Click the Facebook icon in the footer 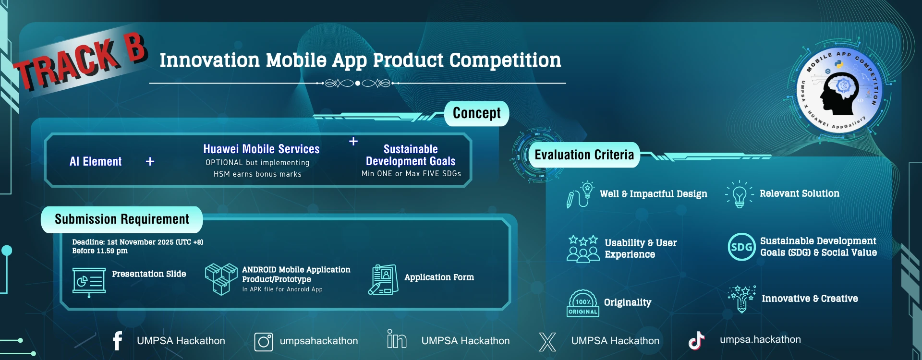click(118, 341)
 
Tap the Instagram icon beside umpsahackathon click(264, 342)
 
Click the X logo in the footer click(547, 342)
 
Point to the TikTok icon click(696, 340)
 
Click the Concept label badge click(476, 113)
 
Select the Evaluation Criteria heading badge click(584, 155)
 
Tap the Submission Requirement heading click(122, 219)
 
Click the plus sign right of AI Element click(150, 161)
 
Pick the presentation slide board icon click(89, 282)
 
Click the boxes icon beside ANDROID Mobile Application click(221, 278)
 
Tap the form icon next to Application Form click(383, 279)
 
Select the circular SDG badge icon click(741, 247)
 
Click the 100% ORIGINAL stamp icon click(582, 303)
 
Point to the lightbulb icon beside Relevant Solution click(740, 194)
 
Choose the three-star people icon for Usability click(583, 248)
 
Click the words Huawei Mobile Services click(261, 149)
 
